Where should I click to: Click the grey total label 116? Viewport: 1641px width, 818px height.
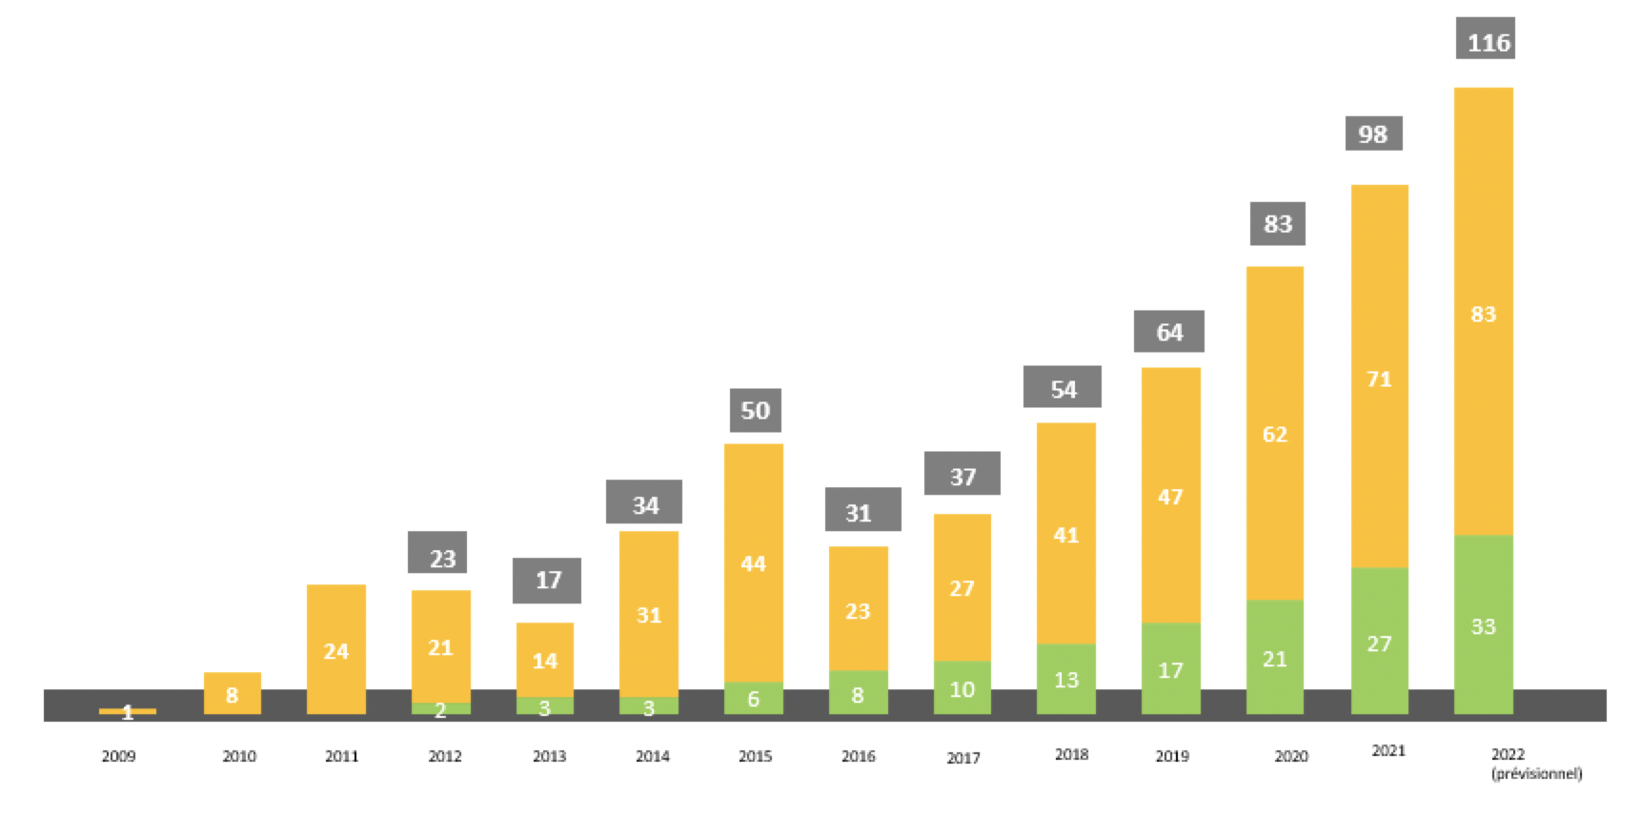[1485, 39]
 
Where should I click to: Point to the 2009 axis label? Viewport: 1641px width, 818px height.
[118, 756]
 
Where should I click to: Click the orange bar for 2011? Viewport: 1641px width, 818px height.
[335, 648]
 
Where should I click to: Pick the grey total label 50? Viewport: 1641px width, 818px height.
[755, 410]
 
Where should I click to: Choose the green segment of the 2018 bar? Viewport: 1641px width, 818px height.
[1065, 678]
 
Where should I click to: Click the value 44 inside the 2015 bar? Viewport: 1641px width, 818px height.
[753, 563]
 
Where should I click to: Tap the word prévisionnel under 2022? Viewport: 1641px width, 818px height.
[1536, 773]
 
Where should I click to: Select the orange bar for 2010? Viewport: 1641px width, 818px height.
[232, 693]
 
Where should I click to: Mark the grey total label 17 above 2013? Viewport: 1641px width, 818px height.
[547, 580]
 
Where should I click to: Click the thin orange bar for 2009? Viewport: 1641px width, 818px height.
[128, 711]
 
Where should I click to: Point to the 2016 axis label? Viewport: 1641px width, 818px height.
[858, 756]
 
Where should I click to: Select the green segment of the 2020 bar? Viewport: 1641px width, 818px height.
[1274, 657]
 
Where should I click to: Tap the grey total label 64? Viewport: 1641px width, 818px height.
[1168, 332]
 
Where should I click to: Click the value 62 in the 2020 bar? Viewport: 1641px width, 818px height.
[1274, 435]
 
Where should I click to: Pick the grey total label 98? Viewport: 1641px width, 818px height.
[1372, 133]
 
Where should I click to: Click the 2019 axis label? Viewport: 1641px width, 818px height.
[1171, 756]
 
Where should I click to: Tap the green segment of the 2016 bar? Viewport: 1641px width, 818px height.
[858, 692]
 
